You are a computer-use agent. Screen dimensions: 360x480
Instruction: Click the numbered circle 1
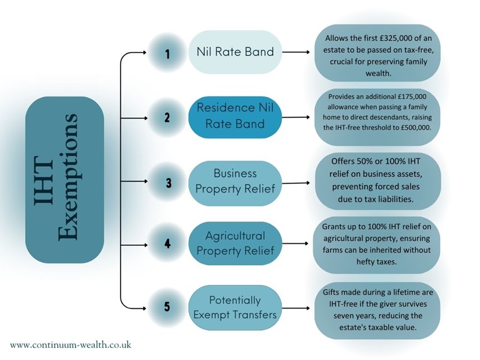click(x=168, y=53)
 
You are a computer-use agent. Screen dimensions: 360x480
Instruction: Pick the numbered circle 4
click(x=168, y=244)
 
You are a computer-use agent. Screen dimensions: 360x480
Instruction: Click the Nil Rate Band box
click(x=235, y=52)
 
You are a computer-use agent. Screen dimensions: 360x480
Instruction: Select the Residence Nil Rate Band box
click(x=235, y=116)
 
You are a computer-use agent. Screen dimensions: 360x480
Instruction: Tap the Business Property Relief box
click(x=235, y=181)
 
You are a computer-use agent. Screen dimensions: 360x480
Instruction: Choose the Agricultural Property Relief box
click(x=235, y=244)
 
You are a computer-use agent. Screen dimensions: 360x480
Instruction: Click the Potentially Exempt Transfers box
click(x=235, y=307)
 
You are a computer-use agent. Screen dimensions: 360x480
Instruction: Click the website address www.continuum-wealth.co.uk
click(x=71, y=345)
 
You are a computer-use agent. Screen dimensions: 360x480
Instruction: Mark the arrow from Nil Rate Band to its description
click(x=298, y=53)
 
